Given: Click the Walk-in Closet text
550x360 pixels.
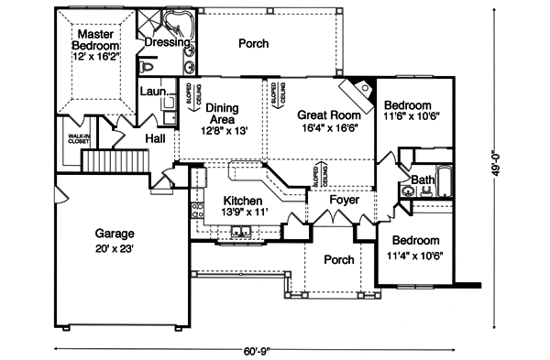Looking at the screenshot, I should [78, 139].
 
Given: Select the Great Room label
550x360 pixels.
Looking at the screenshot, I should [326, 115].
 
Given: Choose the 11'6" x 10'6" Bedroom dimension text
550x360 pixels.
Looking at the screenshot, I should [413, 118].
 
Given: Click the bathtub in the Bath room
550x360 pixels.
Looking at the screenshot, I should [444, 181].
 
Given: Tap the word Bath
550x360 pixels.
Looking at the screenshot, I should [423, 180].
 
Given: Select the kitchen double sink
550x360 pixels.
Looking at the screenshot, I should [240, 232].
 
